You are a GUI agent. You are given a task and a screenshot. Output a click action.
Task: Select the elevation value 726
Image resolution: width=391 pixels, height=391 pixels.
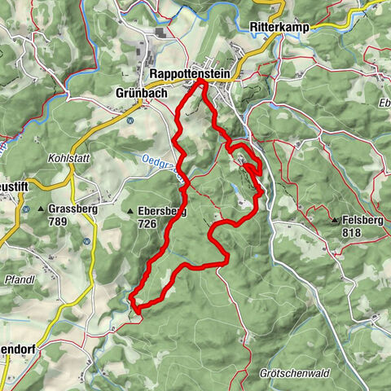click(x=147, y=223)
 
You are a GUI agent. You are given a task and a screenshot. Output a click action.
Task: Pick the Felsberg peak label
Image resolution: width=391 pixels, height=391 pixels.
click(x=363, y=221)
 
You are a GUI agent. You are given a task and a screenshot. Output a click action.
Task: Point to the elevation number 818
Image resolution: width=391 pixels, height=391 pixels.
click(x=351, y=232)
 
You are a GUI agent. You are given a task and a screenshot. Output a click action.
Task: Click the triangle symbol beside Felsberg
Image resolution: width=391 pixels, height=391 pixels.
click(x=334, y=221)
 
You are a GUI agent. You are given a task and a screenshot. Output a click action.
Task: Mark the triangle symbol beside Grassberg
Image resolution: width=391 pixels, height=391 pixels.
click(x=41, y=209)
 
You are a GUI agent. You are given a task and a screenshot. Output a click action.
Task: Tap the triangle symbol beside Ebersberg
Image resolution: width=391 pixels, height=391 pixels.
click(x=130, y=213)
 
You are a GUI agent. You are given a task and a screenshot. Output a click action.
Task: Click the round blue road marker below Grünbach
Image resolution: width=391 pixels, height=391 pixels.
click(x=130, y=120)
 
